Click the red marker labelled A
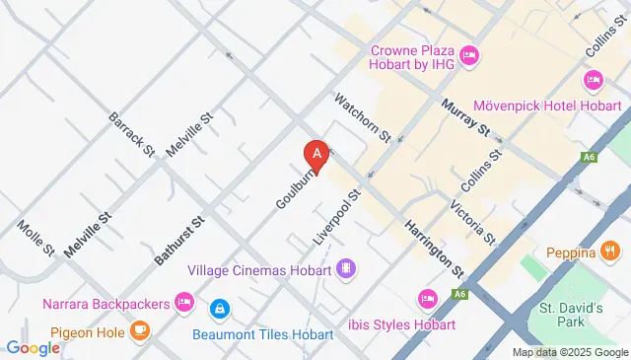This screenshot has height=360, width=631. point(315,155)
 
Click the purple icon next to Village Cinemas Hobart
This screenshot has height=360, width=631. point(346,268)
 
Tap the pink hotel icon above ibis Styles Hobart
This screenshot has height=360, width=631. point(427,298)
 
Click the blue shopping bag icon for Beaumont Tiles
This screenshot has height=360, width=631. point(220,309)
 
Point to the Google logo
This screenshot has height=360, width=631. point(33,347)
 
